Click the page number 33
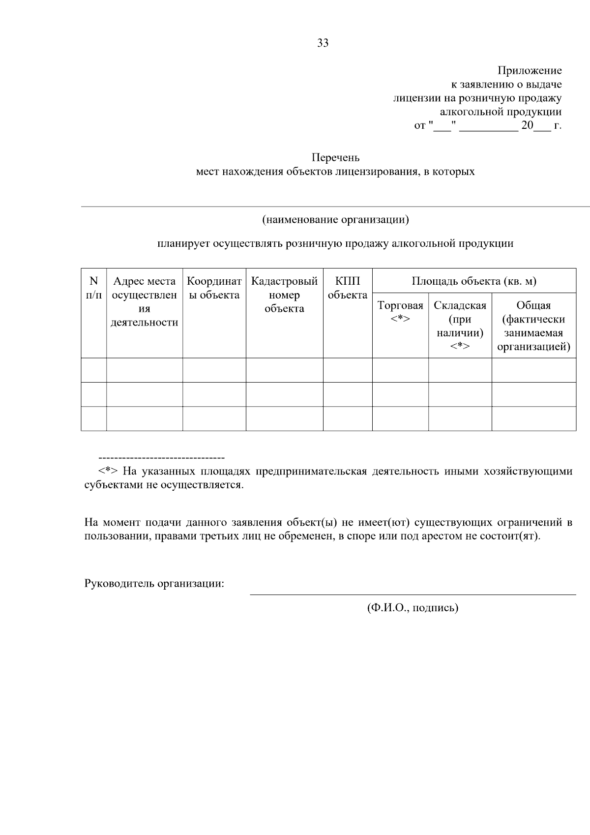(x=323, y=43)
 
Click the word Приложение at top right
(x=530, y=71)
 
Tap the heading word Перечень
(x=335, y=158)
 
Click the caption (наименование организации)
(x=335, y=219)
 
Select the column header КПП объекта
(x=347, y=288)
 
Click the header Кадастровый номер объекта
(x=284, y=295)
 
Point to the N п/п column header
(x=93, y=288)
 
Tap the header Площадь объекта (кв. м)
(x=473, y=281)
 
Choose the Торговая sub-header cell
(x=400, y=312)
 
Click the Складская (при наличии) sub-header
(x=460, y=326)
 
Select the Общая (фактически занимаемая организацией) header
(x=533, y=326)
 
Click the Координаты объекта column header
(x=214, y=288)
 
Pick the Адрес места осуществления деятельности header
(x=144, y=301)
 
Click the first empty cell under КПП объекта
(x=347, y=370)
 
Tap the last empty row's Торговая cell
(x=400, y=418)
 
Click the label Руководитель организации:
(x=154, y=584)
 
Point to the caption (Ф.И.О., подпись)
(x=413, y=608)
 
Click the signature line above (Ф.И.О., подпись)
(x=413, y=595)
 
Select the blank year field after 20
(x=542, y=126)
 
